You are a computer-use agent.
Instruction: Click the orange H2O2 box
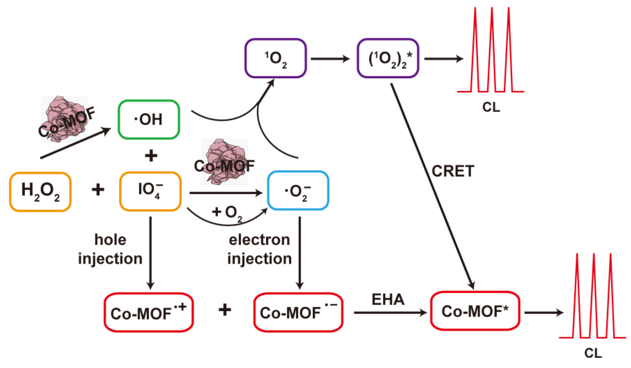tap(40, 192)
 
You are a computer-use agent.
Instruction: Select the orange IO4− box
tap(150, 191)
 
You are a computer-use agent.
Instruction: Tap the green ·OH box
tap(149, 119)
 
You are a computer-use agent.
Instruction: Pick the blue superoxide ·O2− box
tap(298, 191)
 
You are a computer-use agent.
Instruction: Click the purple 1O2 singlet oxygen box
tap(276, 58)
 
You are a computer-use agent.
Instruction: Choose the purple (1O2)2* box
tap(388, 58)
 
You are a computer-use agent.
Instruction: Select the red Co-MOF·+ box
tap(149, 312)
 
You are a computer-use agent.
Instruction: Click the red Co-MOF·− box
tap(298, 312)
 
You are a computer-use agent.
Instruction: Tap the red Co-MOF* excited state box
tap(475, 311)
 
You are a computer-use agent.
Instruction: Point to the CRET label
tap(453, 171)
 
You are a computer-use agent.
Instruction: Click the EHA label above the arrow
tap(388, 299)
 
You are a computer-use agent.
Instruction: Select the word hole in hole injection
tap(110, 240)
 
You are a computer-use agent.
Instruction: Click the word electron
tap(259, 240)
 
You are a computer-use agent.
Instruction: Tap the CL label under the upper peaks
tap(491, 107)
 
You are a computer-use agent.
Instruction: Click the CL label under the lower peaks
tap(593, 353)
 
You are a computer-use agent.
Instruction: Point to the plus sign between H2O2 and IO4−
tap(98, 190)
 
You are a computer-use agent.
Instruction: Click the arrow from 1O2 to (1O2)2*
tap(330, 59)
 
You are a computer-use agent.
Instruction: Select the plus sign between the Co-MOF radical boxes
tap(225, 310)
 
